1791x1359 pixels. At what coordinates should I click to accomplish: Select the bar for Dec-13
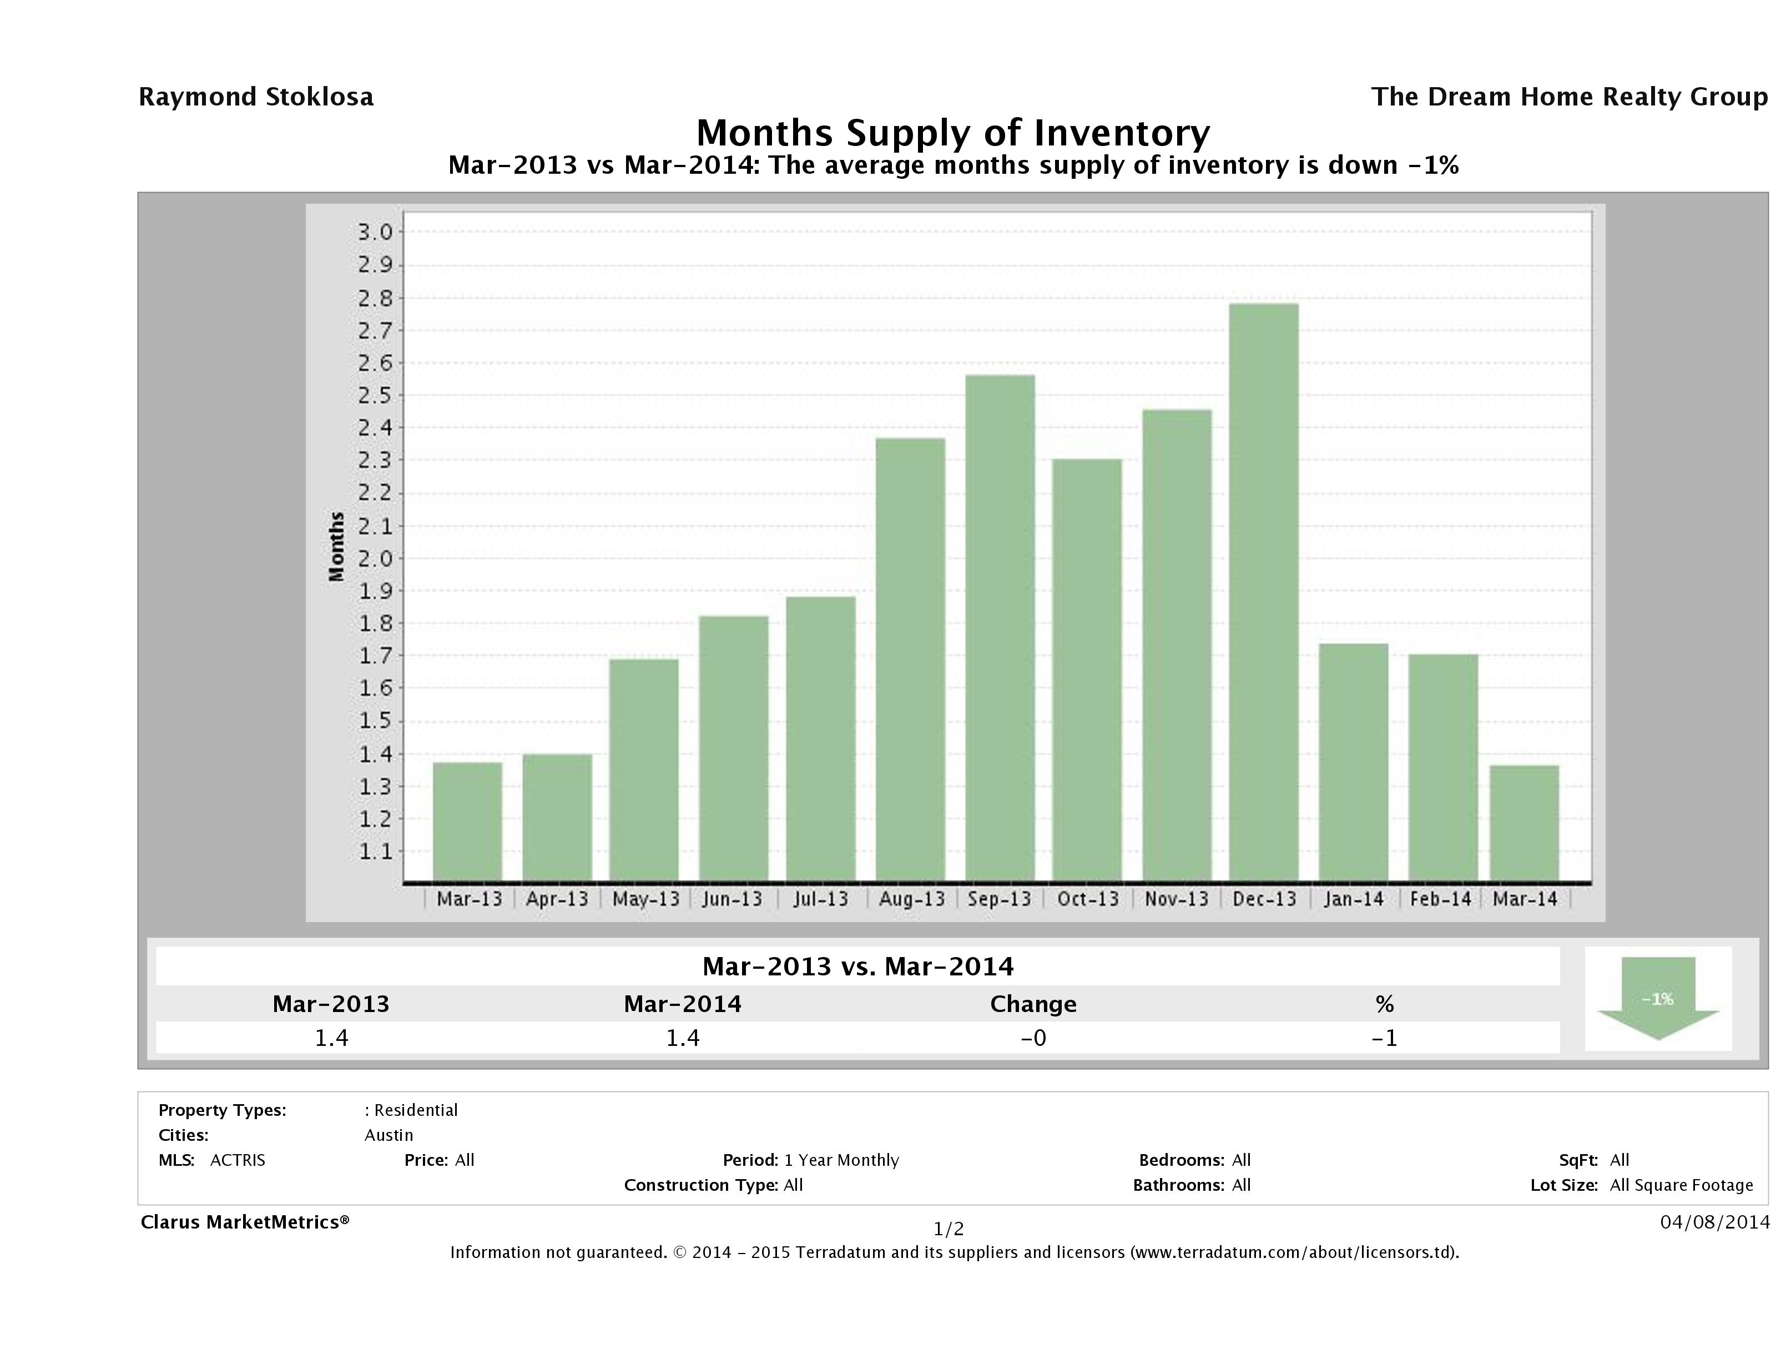pos(1263,592)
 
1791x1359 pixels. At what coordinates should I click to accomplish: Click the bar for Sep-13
pos(1000,628)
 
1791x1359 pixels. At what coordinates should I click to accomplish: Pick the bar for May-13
pos(644,769)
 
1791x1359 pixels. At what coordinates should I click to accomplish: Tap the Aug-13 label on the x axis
pos(912,899)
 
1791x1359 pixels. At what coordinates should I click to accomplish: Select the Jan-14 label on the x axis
pos(1353,899)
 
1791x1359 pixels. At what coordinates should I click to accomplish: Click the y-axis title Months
pos(337,547)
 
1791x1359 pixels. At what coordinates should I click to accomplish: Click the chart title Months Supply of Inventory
pos(953,132)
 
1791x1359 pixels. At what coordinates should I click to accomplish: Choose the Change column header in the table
pos(1033,1004)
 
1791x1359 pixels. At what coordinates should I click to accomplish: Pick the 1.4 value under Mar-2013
pos(331,1038)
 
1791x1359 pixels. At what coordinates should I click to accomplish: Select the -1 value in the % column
pos(1385,1038)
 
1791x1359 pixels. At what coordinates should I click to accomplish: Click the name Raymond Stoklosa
pos(256,97)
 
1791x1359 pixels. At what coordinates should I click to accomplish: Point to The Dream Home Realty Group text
pos(1569,97)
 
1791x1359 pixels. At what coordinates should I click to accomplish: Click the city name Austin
pos(389,1135)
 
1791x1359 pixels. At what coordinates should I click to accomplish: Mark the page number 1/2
pos(949,1230)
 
